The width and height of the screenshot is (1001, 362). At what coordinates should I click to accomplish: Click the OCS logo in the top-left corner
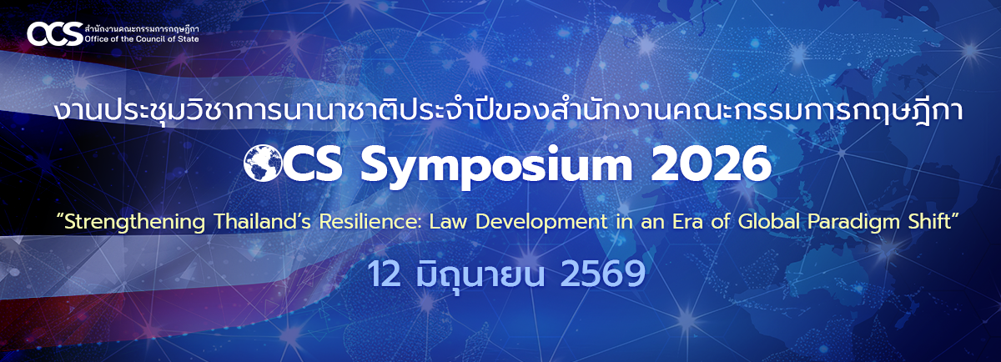click(55, 34)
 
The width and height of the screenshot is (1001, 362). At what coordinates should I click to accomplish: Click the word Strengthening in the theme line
click(134, 222)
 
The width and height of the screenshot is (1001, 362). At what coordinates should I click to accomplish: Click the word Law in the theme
click(448, 222)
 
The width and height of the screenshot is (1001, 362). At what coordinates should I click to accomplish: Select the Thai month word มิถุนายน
click(480, 274)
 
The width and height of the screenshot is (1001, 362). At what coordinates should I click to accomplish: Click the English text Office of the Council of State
click(142, 39)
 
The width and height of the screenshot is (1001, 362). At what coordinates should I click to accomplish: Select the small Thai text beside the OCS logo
click(142, 28)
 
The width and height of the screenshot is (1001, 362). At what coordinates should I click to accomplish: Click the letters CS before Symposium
click(314, 163)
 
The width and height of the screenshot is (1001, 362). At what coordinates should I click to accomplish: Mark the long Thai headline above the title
click(508, 112)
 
